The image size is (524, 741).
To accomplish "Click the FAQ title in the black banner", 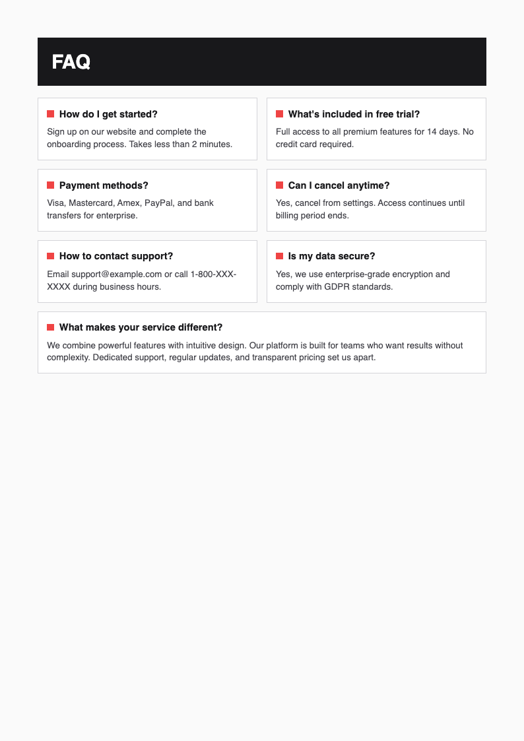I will click(71, 62).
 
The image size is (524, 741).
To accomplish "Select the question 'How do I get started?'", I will click(108, 114).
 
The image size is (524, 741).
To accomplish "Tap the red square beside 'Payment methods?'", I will click(50, 185).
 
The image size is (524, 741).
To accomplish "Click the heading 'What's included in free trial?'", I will click(354, 114).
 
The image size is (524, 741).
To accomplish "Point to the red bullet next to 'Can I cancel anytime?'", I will click(279, 185).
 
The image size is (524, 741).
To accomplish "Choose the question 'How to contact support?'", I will click(115, 256).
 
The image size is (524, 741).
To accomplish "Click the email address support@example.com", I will click(117, 274).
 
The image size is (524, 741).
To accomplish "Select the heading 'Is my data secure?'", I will click(331, 256).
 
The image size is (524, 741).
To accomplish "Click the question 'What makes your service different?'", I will click(141, 327).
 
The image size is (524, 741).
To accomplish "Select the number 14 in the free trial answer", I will click(432, 131).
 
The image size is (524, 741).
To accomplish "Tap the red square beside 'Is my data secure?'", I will click(279, 256).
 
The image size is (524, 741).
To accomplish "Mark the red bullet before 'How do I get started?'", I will click(50, 114).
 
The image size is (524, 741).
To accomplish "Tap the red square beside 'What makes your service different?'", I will click(50, 327).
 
